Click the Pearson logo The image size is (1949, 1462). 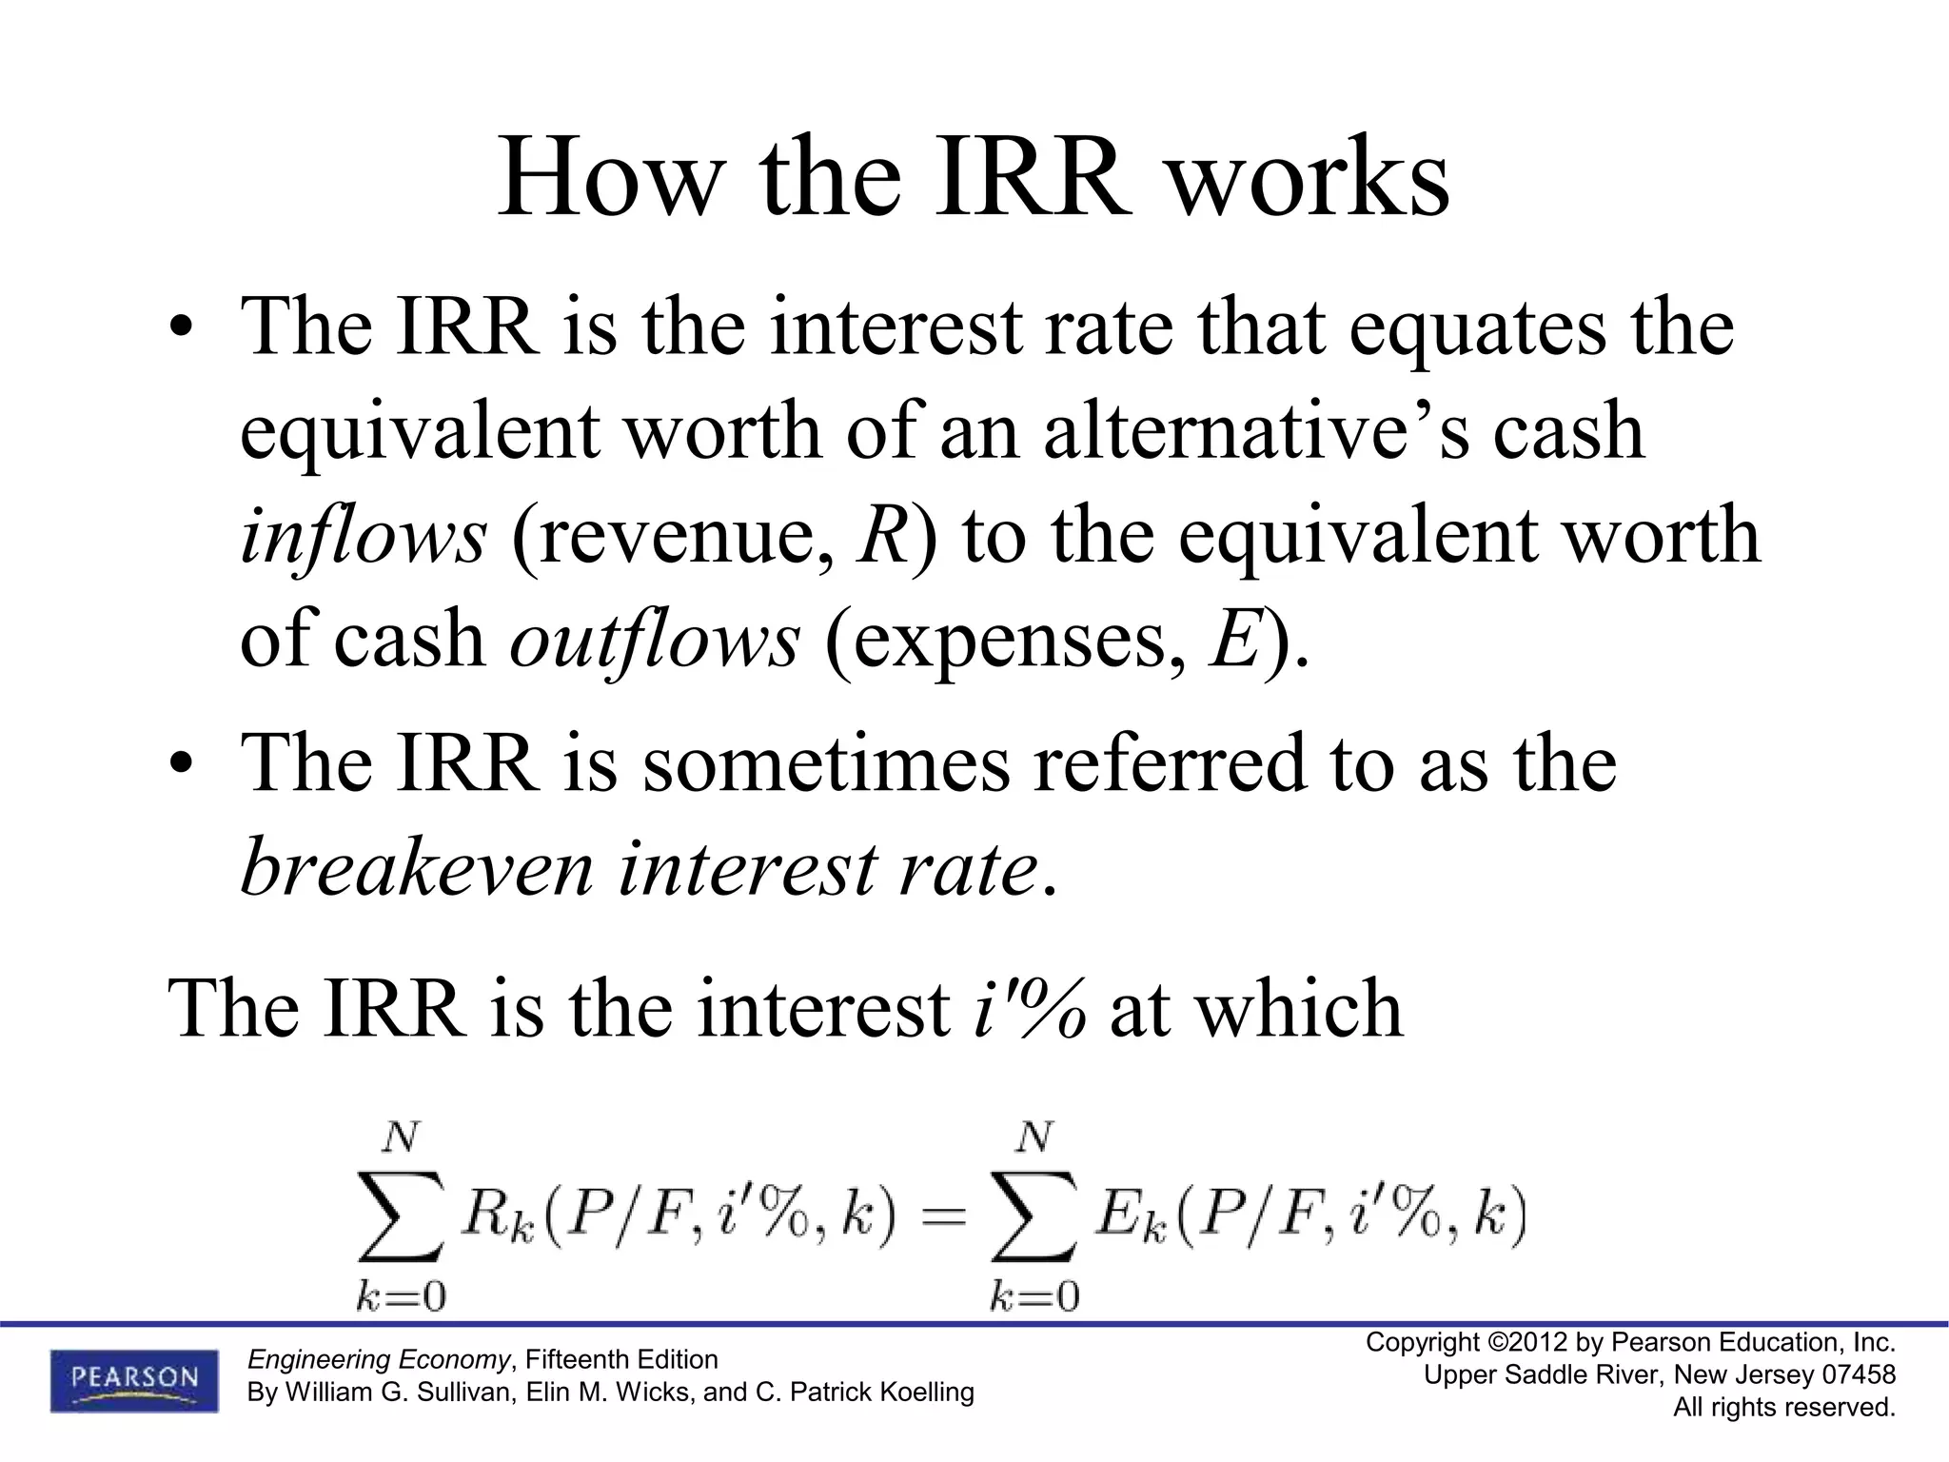click(134, 1380)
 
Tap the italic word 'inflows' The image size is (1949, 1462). click(364, 536)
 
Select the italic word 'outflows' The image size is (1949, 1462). click(655, 640)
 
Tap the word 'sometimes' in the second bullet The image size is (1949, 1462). click(825, 763)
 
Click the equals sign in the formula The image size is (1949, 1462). click(943, 1218)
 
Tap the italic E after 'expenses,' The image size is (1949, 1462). click(1233, 640)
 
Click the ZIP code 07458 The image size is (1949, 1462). click(1859, 1374)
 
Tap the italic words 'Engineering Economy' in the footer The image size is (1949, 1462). click(378, 1359)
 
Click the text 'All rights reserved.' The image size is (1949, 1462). click(1784, 1407)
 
